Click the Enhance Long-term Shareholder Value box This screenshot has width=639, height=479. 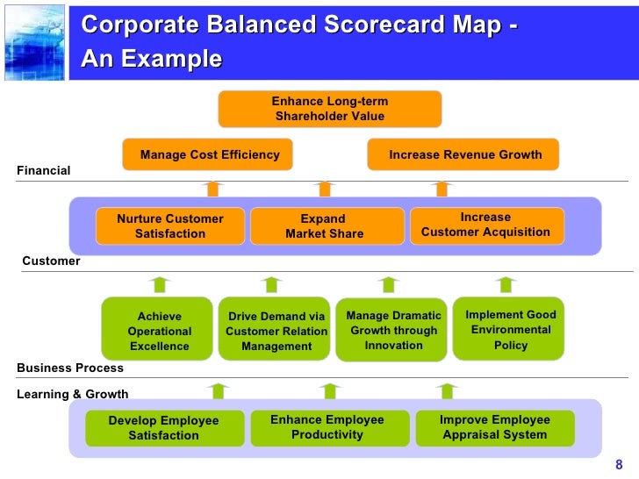(x=329, y=109)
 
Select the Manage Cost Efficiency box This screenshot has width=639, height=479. (x=208, y=154)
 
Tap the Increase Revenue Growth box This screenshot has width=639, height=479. (x=463, y=154)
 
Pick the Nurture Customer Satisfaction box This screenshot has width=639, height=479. (x=170, y=226)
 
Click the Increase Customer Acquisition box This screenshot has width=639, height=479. (x=486, y=225)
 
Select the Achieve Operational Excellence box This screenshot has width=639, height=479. (x=158, y=330)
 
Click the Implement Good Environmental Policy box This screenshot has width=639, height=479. (x=510, y=329)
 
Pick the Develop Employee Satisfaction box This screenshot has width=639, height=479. (x=163, y=428)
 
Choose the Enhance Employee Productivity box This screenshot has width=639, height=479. (x=327, y=427)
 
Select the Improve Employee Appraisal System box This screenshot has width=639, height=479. (x=494, y=427)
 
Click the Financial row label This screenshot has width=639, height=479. (x=44, y=170)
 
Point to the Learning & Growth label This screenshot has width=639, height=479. (x=73, y=394)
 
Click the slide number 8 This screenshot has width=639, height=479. (x=618, y=465)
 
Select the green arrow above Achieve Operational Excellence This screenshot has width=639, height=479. (x=158, y=284)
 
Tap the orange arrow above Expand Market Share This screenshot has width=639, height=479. (x=325, y=188)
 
